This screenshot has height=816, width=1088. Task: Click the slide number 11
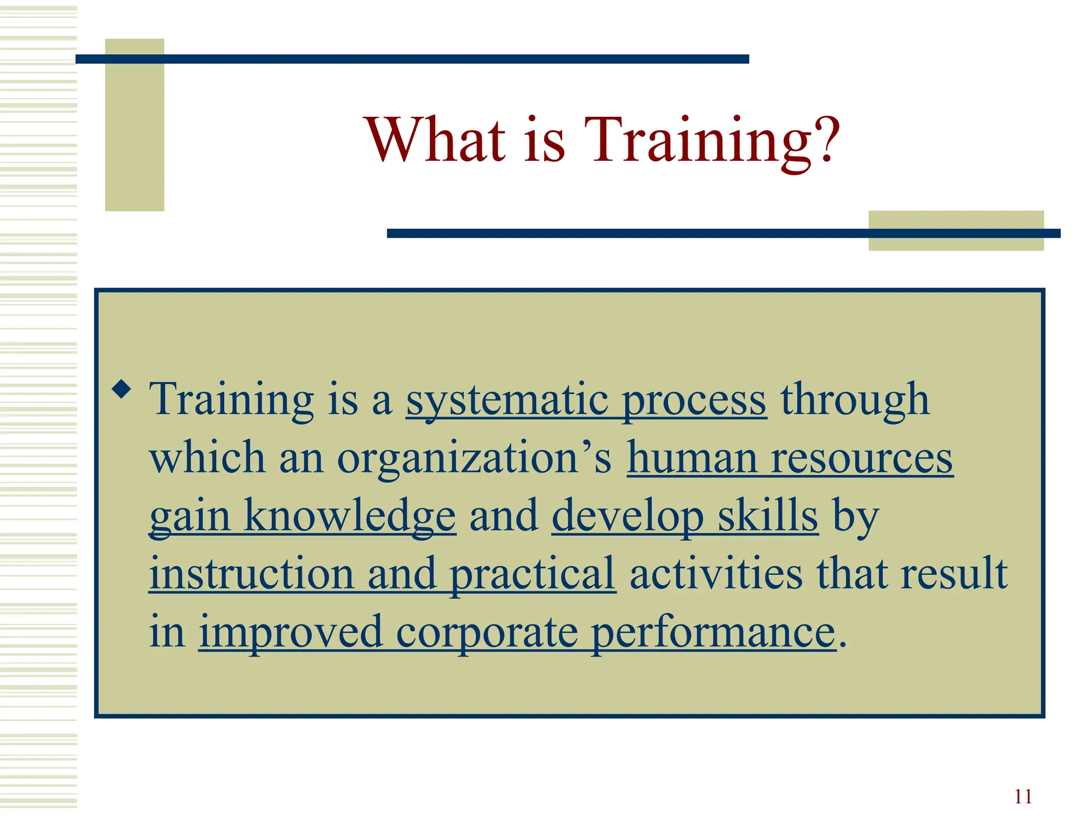1023,796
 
